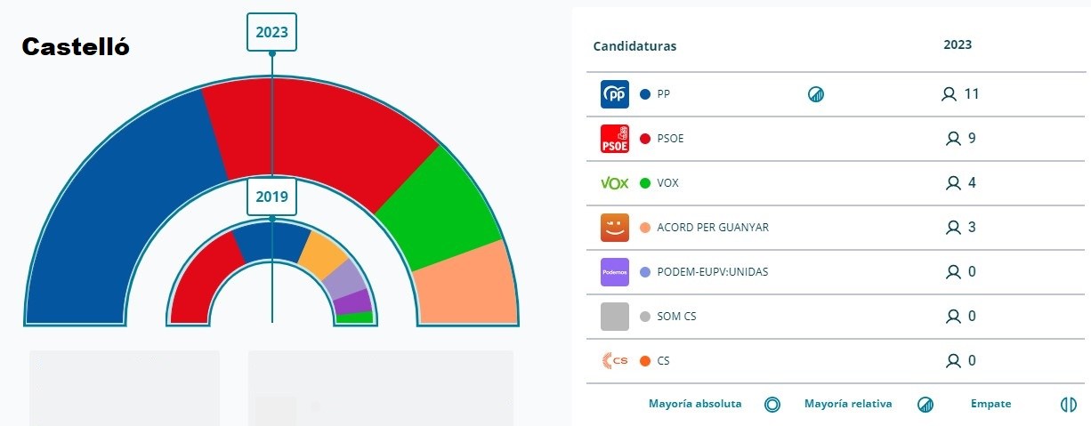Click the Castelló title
click(76, 47)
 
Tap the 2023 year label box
click(271, 32)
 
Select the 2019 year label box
click(271, 197)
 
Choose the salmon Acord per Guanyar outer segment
click(467, 285)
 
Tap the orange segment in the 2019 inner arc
click(321, 253)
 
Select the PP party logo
click(615, 94)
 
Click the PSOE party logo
click(615, 139)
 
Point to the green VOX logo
click(615, 183)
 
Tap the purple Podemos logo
click(615, 272)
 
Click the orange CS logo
click(615, 361)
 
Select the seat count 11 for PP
click(971, 94)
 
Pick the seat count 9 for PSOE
click(971, 139)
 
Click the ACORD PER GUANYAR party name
click(713, 228)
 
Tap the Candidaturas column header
click(634, 46)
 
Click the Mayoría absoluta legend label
click(695, 404)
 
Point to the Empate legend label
click(990, 404)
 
